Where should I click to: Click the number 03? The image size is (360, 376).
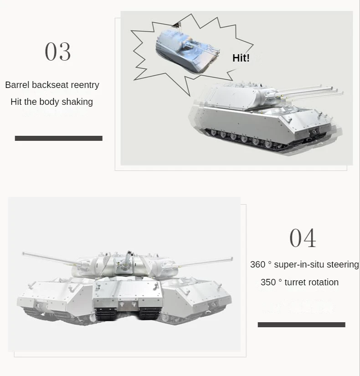(x=58, y=52)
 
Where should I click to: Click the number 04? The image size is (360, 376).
(x=303, y=238)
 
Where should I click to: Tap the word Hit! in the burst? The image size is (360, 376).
(x=241, y=58)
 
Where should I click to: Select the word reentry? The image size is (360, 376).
(x=85, y=85)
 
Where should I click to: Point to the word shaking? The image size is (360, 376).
(x=78, y=102)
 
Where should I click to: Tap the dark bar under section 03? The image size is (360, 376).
(x=58, y=138)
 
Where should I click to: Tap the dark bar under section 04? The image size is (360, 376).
(x=301, y=324)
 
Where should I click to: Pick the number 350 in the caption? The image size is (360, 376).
(x=268, y=282)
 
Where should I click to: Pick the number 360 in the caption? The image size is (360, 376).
(x=257, y=265)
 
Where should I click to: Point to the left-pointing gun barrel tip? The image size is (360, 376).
(x=24, y=253)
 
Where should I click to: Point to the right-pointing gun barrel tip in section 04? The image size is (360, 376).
(x=231, y=260)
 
